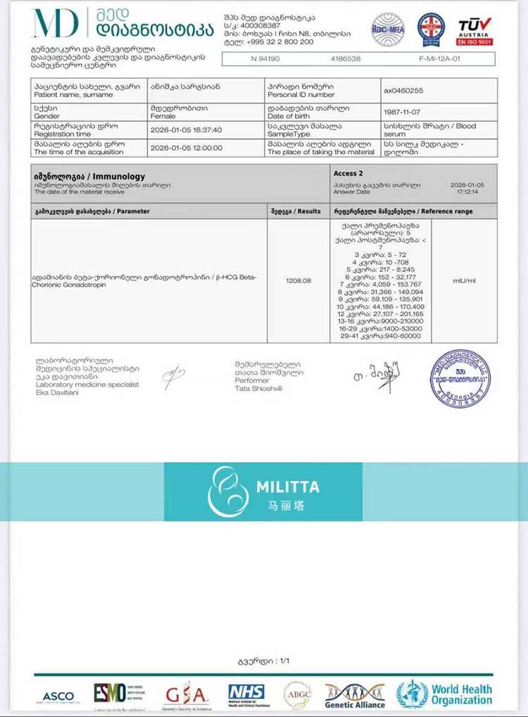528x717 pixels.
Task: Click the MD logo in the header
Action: click(54, 25)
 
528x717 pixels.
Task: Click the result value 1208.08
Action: click(298, 280)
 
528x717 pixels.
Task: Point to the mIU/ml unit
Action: click(464, 280)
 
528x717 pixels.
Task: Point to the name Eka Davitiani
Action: click(59, 392)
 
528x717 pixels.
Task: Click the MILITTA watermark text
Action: click(288, 487)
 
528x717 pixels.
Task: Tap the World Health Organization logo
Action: click(444, 694)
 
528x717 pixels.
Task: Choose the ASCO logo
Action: click(58, 696)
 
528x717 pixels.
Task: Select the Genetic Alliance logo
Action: click(355, 696)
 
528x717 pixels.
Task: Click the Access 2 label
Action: click(348, 173)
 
